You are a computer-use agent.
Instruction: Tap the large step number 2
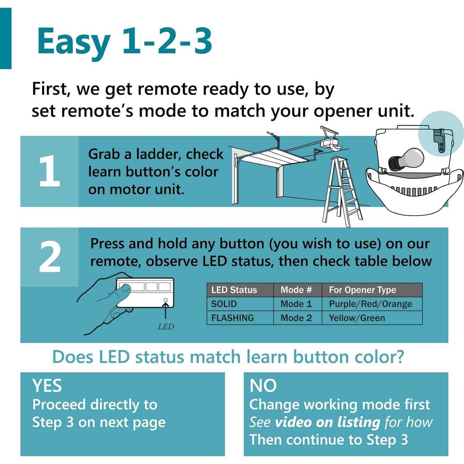point(50,257)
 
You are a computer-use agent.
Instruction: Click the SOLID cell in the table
point(224,304)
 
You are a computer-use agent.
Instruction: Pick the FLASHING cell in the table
point(232,318)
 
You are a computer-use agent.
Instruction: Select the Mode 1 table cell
point(296,304)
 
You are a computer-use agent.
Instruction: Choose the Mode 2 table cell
point(296,318)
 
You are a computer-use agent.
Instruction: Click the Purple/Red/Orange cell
point(370,304)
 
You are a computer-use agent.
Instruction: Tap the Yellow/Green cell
point(357,318)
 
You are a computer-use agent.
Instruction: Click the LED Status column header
point(234,290)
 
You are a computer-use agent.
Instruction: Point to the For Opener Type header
point(362,290)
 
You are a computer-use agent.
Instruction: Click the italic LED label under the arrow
point(166,326)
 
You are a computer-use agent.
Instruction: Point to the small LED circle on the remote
point(165,300)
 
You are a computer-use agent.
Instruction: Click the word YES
point(47,386)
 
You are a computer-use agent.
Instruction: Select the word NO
point(263,386)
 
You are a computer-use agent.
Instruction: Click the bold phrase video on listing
point(327,422)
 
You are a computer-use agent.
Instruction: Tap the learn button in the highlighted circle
point(440,141)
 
